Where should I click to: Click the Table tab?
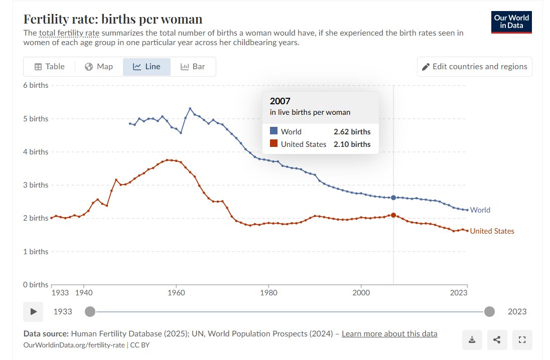click(50, 67)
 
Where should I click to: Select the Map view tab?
click(99, 67)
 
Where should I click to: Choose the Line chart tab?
click(147, 67)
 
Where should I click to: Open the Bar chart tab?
click(193, 67)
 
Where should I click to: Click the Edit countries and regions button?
click(475, 67)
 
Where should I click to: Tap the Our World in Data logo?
click(511, 22)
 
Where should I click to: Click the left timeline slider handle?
click(90, 311)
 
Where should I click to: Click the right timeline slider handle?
click(489, 311)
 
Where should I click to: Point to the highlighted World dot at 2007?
click(393, 198)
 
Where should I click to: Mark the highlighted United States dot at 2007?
click(393, 215)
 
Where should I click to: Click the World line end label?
click(480, 210)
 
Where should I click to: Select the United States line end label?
click(492, 231)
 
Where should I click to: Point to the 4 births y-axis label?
click(36, 152)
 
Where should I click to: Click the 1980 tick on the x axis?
click(268, 292)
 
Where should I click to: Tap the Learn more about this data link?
click(389, 334)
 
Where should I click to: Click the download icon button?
click(472, 339)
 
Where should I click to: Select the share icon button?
click(497, 339)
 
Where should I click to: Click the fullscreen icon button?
click(522, 339)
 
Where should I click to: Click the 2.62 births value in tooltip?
click(352, 132)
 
